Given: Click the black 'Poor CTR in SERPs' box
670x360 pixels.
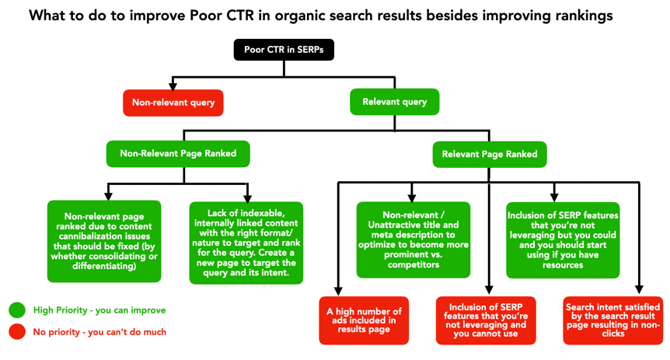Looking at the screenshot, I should [284, 51].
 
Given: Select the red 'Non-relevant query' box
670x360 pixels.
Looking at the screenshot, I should [172, 101].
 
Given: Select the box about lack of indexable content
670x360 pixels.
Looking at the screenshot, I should [245, 241].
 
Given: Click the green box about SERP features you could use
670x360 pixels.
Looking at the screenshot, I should [554, 239].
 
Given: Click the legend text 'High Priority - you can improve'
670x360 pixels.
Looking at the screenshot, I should [99, 310].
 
